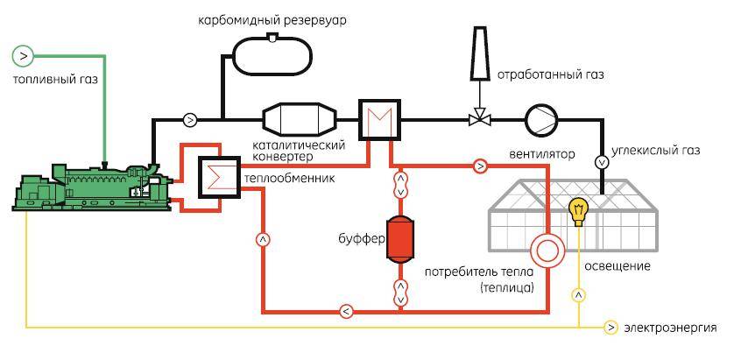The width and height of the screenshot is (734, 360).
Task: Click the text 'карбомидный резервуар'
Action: pyautogui.click(x=274, y=18)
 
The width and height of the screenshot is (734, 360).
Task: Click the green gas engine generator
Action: pyautogui.click(x=88, y=185)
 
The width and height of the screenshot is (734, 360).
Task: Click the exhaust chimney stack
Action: pyautogui.click(x=477, y=52)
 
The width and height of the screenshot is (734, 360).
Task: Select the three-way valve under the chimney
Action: pyautogui.click(x=478, y=118)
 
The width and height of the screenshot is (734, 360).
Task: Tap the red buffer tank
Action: pyautogui.click(x=400, y=236)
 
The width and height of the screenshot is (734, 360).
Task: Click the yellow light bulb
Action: pyautogui.click(x=577, y=211)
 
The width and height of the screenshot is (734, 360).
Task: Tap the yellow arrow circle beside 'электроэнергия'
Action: pyautogui.click(x=611, y=328)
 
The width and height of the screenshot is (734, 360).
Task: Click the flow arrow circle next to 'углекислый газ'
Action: pyautogui.click(x=602, y=162)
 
